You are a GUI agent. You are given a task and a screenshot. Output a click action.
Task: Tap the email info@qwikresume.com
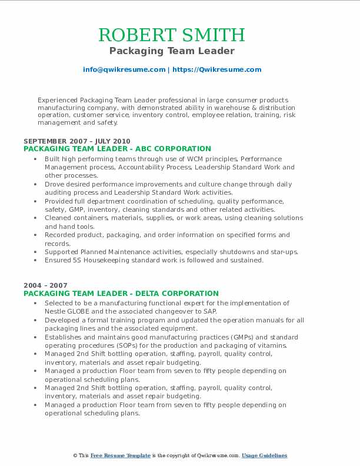(124, 69)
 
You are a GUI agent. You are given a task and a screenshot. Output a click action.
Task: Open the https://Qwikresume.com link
(216, 69)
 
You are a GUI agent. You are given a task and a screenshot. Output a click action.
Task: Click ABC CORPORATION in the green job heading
(175, 149)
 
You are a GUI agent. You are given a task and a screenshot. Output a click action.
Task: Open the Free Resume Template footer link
(121, 455)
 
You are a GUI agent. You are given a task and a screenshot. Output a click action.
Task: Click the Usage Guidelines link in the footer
(264, 455)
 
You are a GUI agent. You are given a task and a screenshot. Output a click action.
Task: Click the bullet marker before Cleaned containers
(36, 218)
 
